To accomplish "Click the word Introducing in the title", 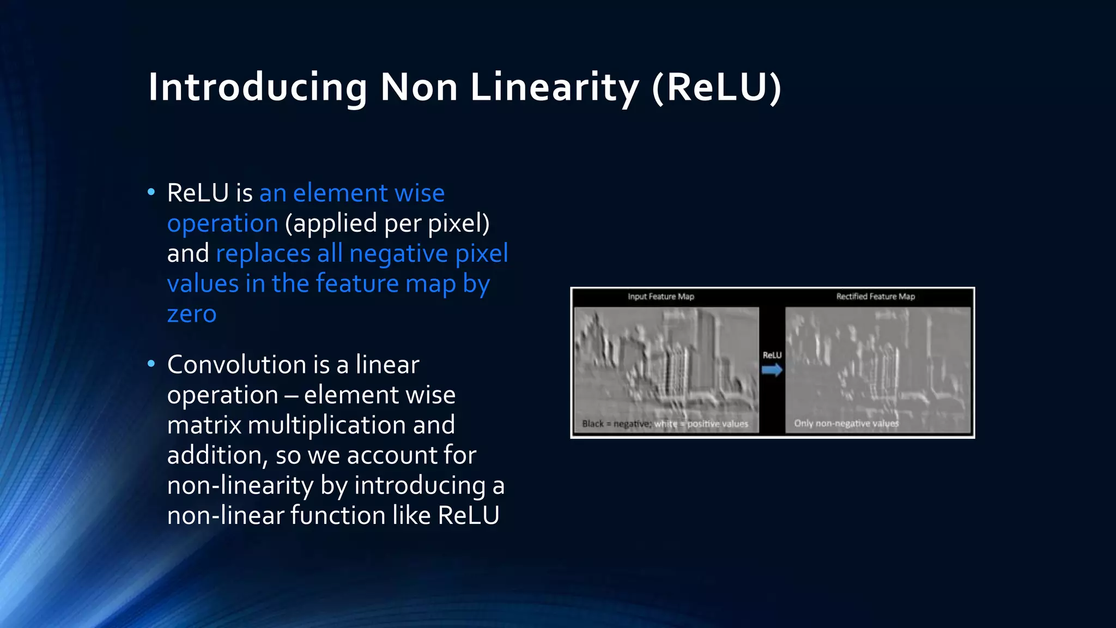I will [x=257, y=87].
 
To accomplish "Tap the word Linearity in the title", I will [x=554, y=87].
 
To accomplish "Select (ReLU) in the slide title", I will [x=717, y=87].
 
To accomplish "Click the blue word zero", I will [x=192, y=314].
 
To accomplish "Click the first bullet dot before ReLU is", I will [x=151, y=192].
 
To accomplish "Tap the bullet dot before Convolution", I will [x=151, y=364].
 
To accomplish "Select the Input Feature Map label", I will [x=660, y=297].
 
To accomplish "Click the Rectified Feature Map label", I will [x=875, y=297].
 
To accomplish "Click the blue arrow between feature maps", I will [x=772, y=370].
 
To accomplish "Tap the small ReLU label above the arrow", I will [x=772, y=355].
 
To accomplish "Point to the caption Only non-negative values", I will [x=846, y=423].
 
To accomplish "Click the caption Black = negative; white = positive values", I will [x=665, y=424].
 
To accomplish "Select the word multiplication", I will [x=327, y=425].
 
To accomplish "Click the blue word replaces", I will [x=263, y=253].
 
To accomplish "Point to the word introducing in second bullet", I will [x=420, y=486].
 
